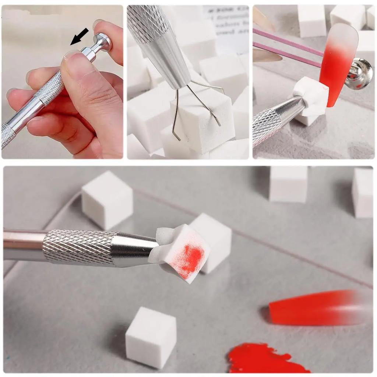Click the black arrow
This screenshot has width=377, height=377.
click(79, 37)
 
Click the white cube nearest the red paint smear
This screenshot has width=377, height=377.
click(151, 337)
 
